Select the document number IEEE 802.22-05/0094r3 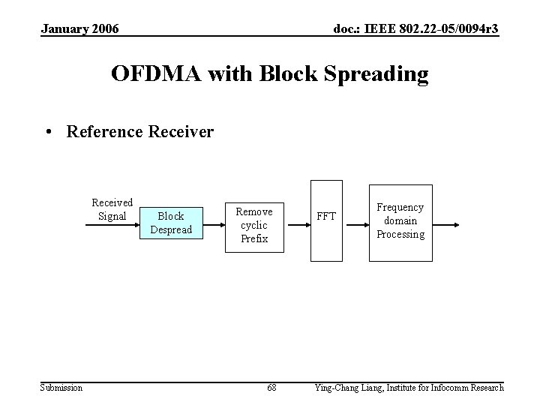coord(415,28)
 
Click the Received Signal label coord(112,209)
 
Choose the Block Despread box coord(171,223)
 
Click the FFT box coord(326,220)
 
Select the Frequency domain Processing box coord(400,222)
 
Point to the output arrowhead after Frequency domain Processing coord(459,223)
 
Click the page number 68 coord(271,388)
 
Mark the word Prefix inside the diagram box coord(254,239)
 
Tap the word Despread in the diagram coord(171,229)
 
